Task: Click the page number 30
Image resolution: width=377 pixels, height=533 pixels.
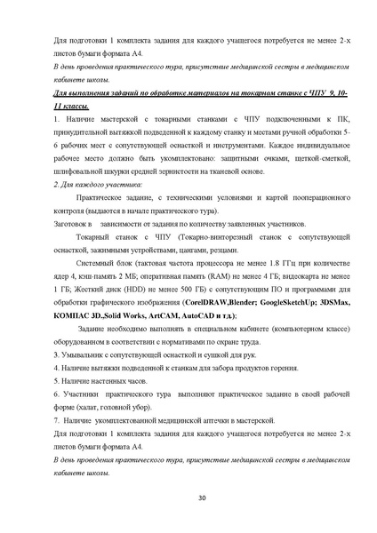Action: point(188,497)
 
